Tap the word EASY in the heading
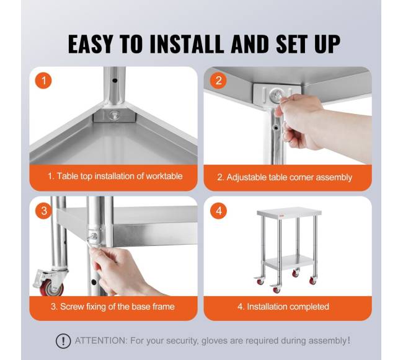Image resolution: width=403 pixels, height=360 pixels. (91, 44)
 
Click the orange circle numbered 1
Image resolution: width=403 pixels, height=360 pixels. (43, 81)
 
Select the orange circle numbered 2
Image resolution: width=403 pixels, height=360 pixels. (218, 81)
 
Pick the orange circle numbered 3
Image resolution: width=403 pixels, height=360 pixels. (43, 211)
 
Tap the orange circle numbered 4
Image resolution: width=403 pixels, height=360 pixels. (218, 211)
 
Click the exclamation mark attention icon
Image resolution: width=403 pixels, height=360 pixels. (63, 341)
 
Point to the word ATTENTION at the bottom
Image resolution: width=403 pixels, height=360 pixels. (100, 341)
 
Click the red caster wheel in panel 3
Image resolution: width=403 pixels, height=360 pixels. (51, 287)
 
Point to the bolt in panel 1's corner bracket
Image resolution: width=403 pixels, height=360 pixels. (114, 115)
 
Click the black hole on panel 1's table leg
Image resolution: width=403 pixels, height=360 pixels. (115, 81)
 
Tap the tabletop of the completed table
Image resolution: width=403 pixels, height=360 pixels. (289, 213)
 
